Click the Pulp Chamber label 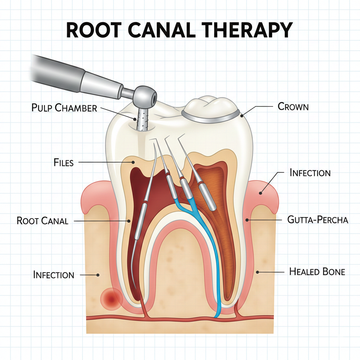pos(64,108)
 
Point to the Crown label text pos(293,106)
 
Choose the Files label pos(64,163)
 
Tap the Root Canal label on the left pos(43,221)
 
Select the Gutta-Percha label pos(317,220)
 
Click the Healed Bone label pos(317,271)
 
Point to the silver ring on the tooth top pos(211,120)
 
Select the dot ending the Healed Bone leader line pos(257,271)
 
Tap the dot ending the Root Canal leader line pos(129,221)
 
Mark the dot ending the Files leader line pos(133,162)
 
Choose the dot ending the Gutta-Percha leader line pos(247,220)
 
